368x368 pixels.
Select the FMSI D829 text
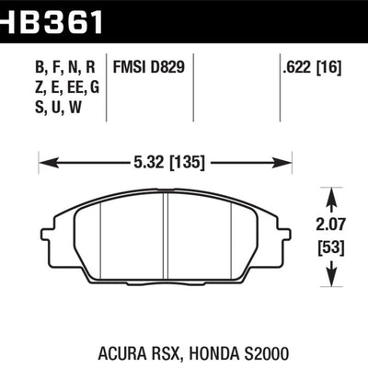pos(149,66)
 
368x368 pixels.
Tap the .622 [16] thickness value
pos(312,67)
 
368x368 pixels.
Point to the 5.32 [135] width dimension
pos(169,162)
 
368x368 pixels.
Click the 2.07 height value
pos(330,224)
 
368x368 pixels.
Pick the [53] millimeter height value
pos(331,247)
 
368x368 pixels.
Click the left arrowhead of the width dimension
pos(49,163)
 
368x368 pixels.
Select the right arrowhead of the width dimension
pos(282,163)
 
